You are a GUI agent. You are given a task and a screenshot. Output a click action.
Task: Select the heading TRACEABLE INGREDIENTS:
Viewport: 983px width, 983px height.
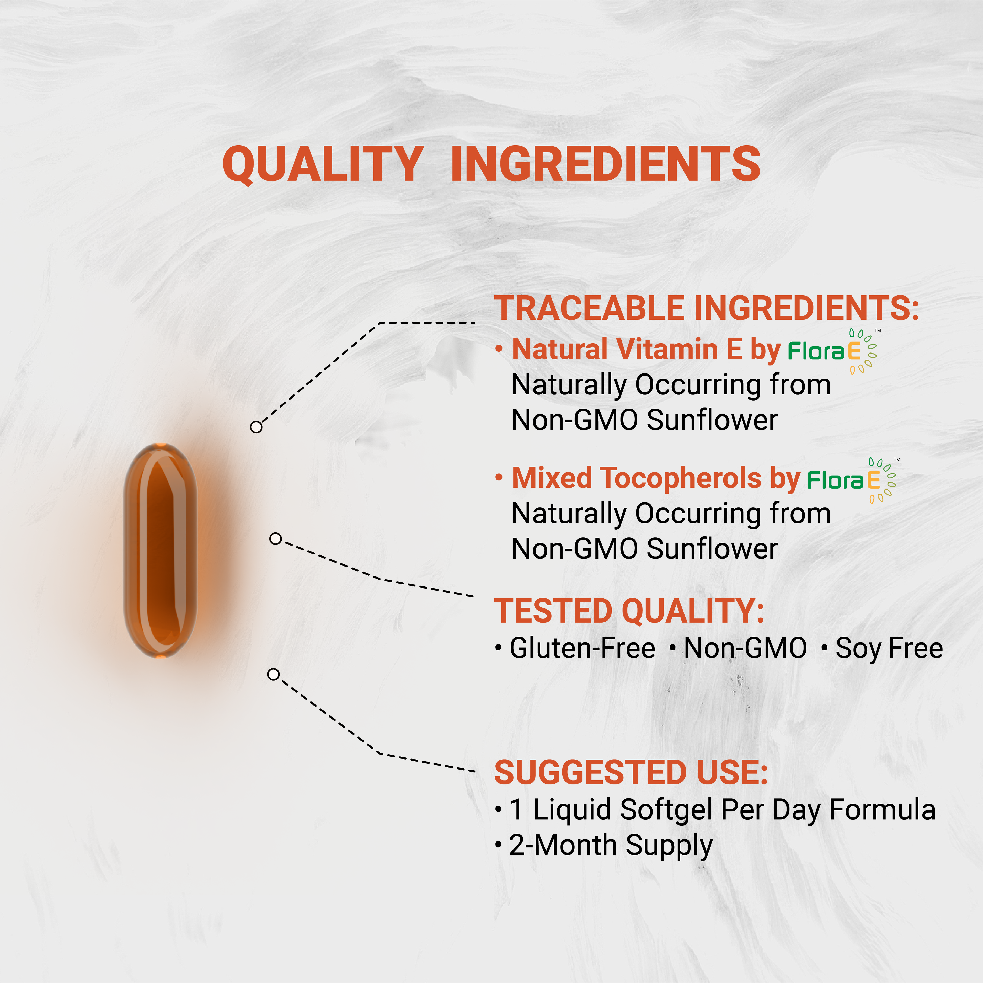coord(706,308)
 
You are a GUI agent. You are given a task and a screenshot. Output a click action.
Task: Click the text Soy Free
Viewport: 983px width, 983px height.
coord(889,648)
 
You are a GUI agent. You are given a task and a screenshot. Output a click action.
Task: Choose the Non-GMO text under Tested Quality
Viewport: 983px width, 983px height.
coord(745,648)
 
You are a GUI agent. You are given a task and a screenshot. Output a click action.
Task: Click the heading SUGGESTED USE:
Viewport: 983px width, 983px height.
coord(631,772)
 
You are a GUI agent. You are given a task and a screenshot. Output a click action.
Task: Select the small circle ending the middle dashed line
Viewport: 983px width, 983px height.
coord(275,538)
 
